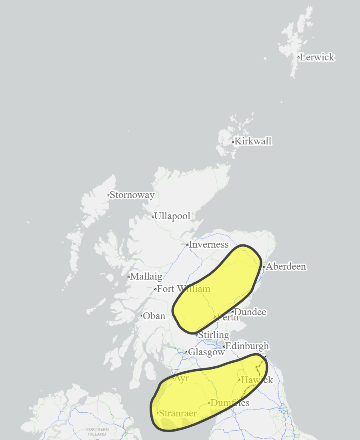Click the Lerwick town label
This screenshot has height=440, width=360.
click(317, 57)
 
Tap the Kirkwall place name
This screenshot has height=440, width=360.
click(253, 141)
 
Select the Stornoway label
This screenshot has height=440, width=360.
click(132, 195)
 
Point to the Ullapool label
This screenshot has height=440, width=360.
click(172, 216)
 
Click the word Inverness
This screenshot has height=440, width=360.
click(208, 244)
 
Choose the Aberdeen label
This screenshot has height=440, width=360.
click(286, 266)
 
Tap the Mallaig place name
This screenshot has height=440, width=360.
click(146, 276)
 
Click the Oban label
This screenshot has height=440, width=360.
click(154, 316)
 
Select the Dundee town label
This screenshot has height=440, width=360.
click(250, 312)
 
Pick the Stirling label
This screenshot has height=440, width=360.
click(214, 335)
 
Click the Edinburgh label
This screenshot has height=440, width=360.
click(247, 346)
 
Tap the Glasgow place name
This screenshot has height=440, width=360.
click(206, 352)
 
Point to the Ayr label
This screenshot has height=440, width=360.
click(182, 378)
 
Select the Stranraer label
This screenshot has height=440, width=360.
click(178, 413)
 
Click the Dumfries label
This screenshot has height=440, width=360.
click(230, 403)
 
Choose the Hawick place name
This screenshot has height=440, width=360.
click(257, 380)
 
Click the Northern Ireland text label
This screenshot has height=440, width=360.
click(97, 432)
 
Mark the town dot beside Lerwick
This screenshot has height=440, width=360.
click(298, 57)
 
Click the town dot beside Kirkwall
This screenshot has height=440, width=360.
click(233, 142)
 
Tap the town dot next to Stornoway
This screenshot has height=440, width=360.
click(108, 195)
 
